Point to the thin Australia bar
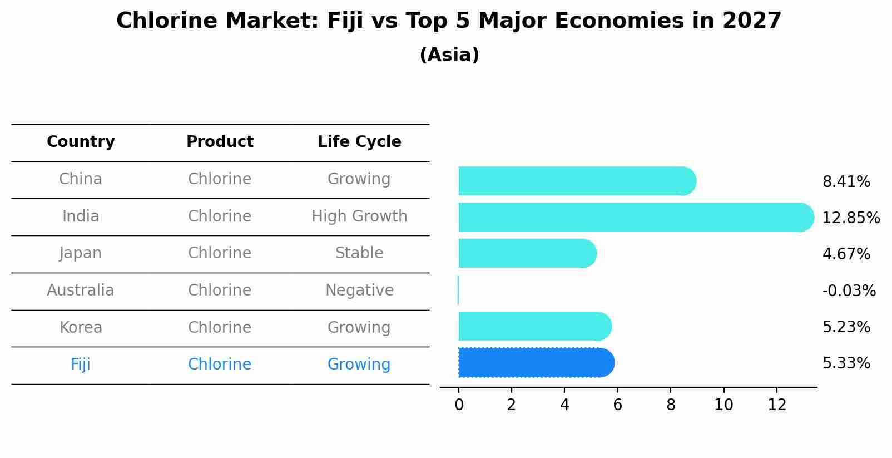tap(458, 290)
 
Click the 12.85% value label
tap(850, 218)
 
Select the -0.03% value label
tap(849, 290)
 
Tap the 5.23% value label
tap(846, 327)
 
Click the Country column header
tap(81, 142)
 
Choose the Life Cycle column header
tap(359, 142)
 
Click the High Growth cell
tap(359, 216)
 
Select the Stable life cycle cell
tap(359, 253)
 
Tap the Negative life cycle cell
tap(359, 290)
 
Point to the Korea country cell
tap(81, 327)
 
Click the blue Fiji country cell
tap(81, 365)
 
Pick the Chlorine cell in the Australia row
tap(220, 290)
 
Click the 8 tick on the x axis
tap(671, 405)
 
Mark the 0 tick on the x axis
tap(459, 405)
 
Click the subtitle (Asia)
tap(449, 55)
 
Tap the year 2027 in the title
tap(752, 21)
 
